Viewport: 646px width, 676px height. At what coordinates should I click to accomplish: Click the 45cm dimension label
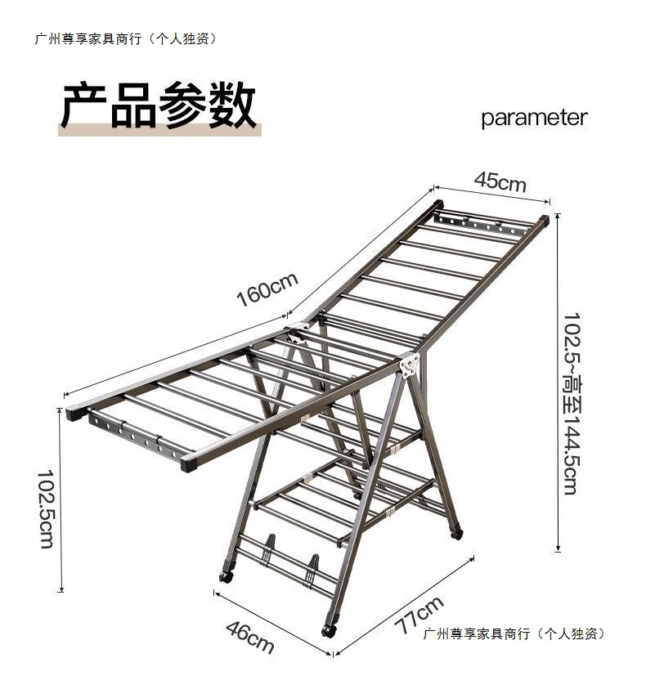click(x=500, y=181)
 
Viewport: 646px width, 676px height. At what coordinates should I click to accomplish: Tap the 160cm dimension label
click(x=267, y=290)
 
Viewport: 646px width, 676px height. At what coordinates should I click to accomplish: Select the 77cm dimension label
click(x=418, y=615)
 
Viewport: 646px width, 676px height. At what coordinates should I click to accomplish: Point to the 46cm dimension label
click(x=249, y=636)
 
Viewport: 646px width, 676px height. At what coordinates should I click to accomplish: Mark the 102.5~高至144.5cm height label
click(x=570, y=403)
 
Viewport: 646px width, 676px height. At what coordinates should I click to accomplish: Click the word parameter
click(x=534, y=118)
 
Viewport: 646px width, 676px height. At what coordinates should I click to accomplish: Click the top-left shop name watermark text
click(x=126, y=38)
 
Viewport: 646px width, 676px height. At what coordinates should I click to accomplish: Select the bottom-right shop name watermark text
click(x=514, y=633)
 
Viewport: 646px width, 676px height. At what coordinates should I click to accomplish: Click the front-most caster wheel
click(x=329, y=630)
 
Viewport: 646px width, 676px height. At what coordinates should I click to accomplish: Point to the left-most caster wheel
click(x=227, y=575)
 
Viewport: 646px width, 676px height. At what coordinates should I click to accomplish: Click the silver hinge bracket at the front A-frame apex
click(x=409, y=364)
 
